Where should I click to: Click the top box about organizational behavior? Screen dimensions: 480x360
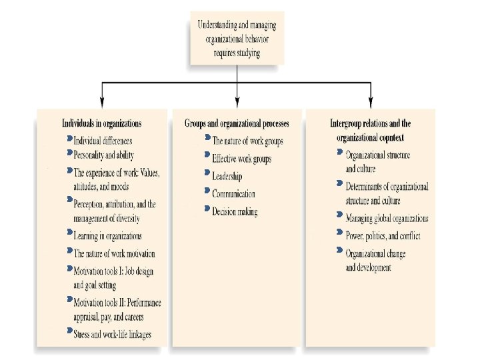(237, 39)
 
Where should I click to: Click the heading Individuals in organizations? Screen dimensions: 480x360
(101, 123)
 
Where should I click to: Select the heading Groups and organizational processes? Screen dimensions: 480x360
(237, 123)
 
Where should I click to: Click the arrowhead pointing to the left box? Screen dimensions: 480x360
(101, 102)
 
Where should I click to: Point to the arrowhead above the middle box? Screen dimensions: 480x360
(237, 102)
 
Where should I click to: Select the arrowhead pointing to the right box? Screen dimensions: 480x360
(371, 102)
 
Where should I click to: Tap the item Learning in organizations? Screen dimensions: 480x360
(107, 236)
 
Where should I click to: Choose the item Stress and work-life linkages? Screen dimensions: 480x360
(112, 333)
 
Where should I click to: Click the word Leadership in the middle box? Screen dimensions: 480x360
(227, 177)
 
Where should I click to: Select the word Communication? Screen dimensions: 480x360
(233, 194)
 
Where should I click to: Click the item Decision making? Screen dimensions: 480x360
(235, 212)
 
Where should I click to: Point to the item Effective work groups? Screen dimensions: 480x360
(241, 159)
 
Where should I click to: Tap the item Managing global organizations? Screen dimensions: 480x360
(387, 218)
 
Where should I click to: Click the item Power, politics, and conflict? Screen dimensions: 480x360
(383, 235)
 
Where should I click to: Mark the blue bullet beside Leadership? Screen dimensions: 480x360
(207, 175)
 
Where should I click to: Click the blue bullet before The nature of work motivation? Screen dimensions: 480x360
(70, 251)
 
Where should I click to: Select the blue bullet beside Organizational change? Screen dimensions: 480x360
(341, 251)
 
